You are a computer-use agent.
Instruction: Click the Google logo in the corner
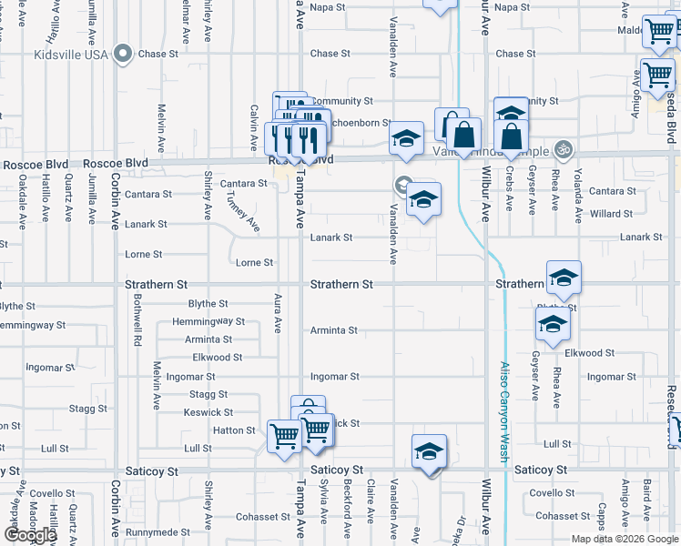[x=30, y=535]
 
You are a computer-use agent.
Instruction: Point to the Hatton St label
[x=234, y=430]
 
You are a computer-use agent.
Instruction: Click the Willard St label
[x=611, y=215]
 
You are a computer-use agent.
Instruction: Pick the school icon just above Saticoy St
[x=429, y=451]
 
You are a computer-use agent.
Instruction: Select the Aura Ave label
[x=276, y=312]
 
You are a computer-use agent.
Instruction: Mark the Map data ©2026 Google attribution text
[x=623, y=539]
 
